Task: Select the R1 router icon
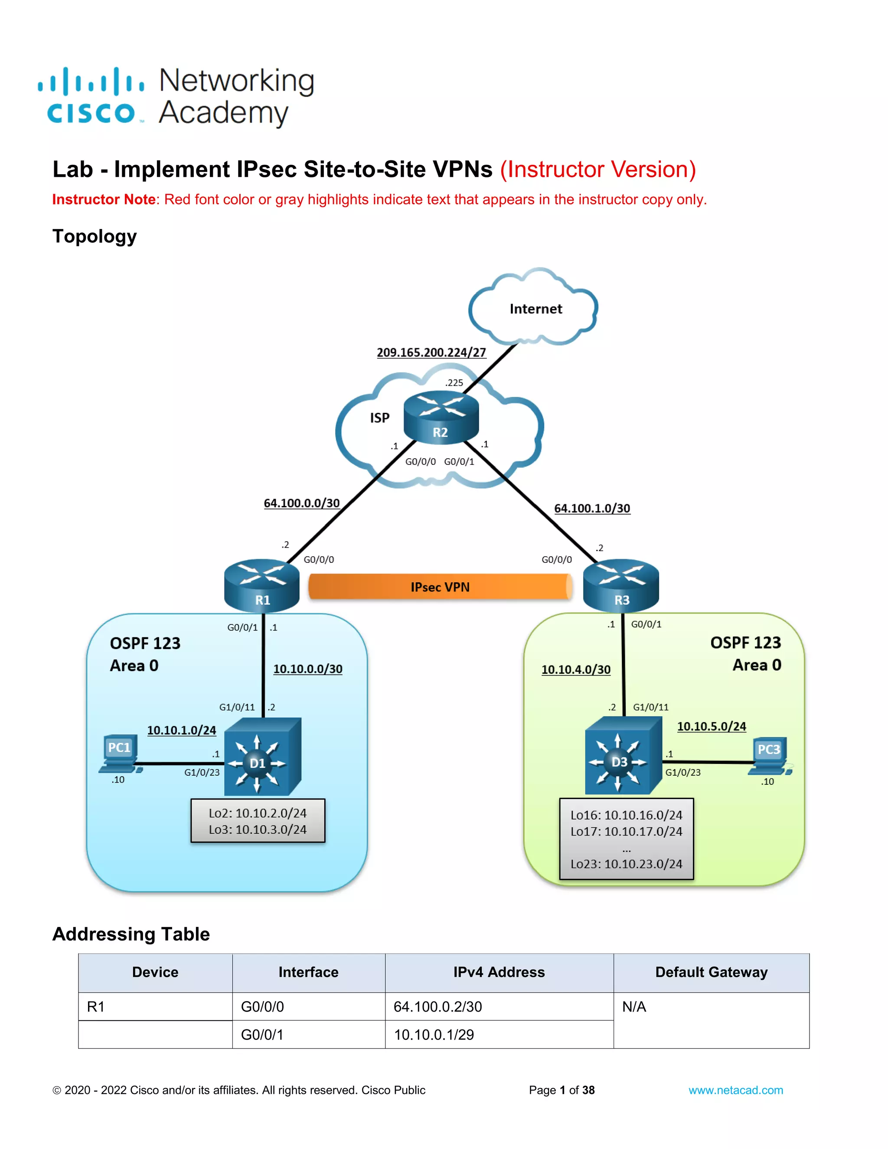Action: pyautogui.click(x=261, y=584)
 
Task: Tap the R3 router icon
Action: pyautogui.click(x=621, y=584)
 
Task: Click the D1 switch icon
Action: pyautogui.click(x=262, y=757)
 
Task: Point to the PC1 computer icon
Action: pyautogui.click(x=121, y=754)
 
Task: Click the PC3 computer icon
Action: pyautogui.click(x=769, y=757)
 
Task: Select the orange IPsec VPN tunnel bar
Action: pyautogui.click(x=440, y=587)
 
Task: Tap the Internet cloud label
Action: pyautogui.click(x=535, y=309)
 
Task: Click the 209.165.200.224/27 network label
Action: pyautogui.click(x=431, y=352)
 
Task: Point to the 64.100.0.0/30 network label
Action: pyautogui.click(x=301, y=503)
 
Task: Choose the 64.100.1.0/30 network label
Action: pyautogui.click(x=592, y=508)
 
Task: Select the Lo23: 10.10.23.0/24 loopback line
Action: pyautogui.click(x=626, y=864)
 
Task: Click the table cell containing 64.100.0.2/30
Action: pyautogui.click(x=499, y=1006)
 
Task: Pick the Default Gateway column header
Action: pyautogui.click(x=711, y=972)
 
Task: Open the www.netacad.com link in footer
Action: pyautogui.click(x=735, y=1090)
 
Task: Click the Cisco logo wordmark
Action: pyautogui.click(x=91, y=113)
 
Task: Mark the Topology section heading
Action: pyautogui.click(x=95, y=236)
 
